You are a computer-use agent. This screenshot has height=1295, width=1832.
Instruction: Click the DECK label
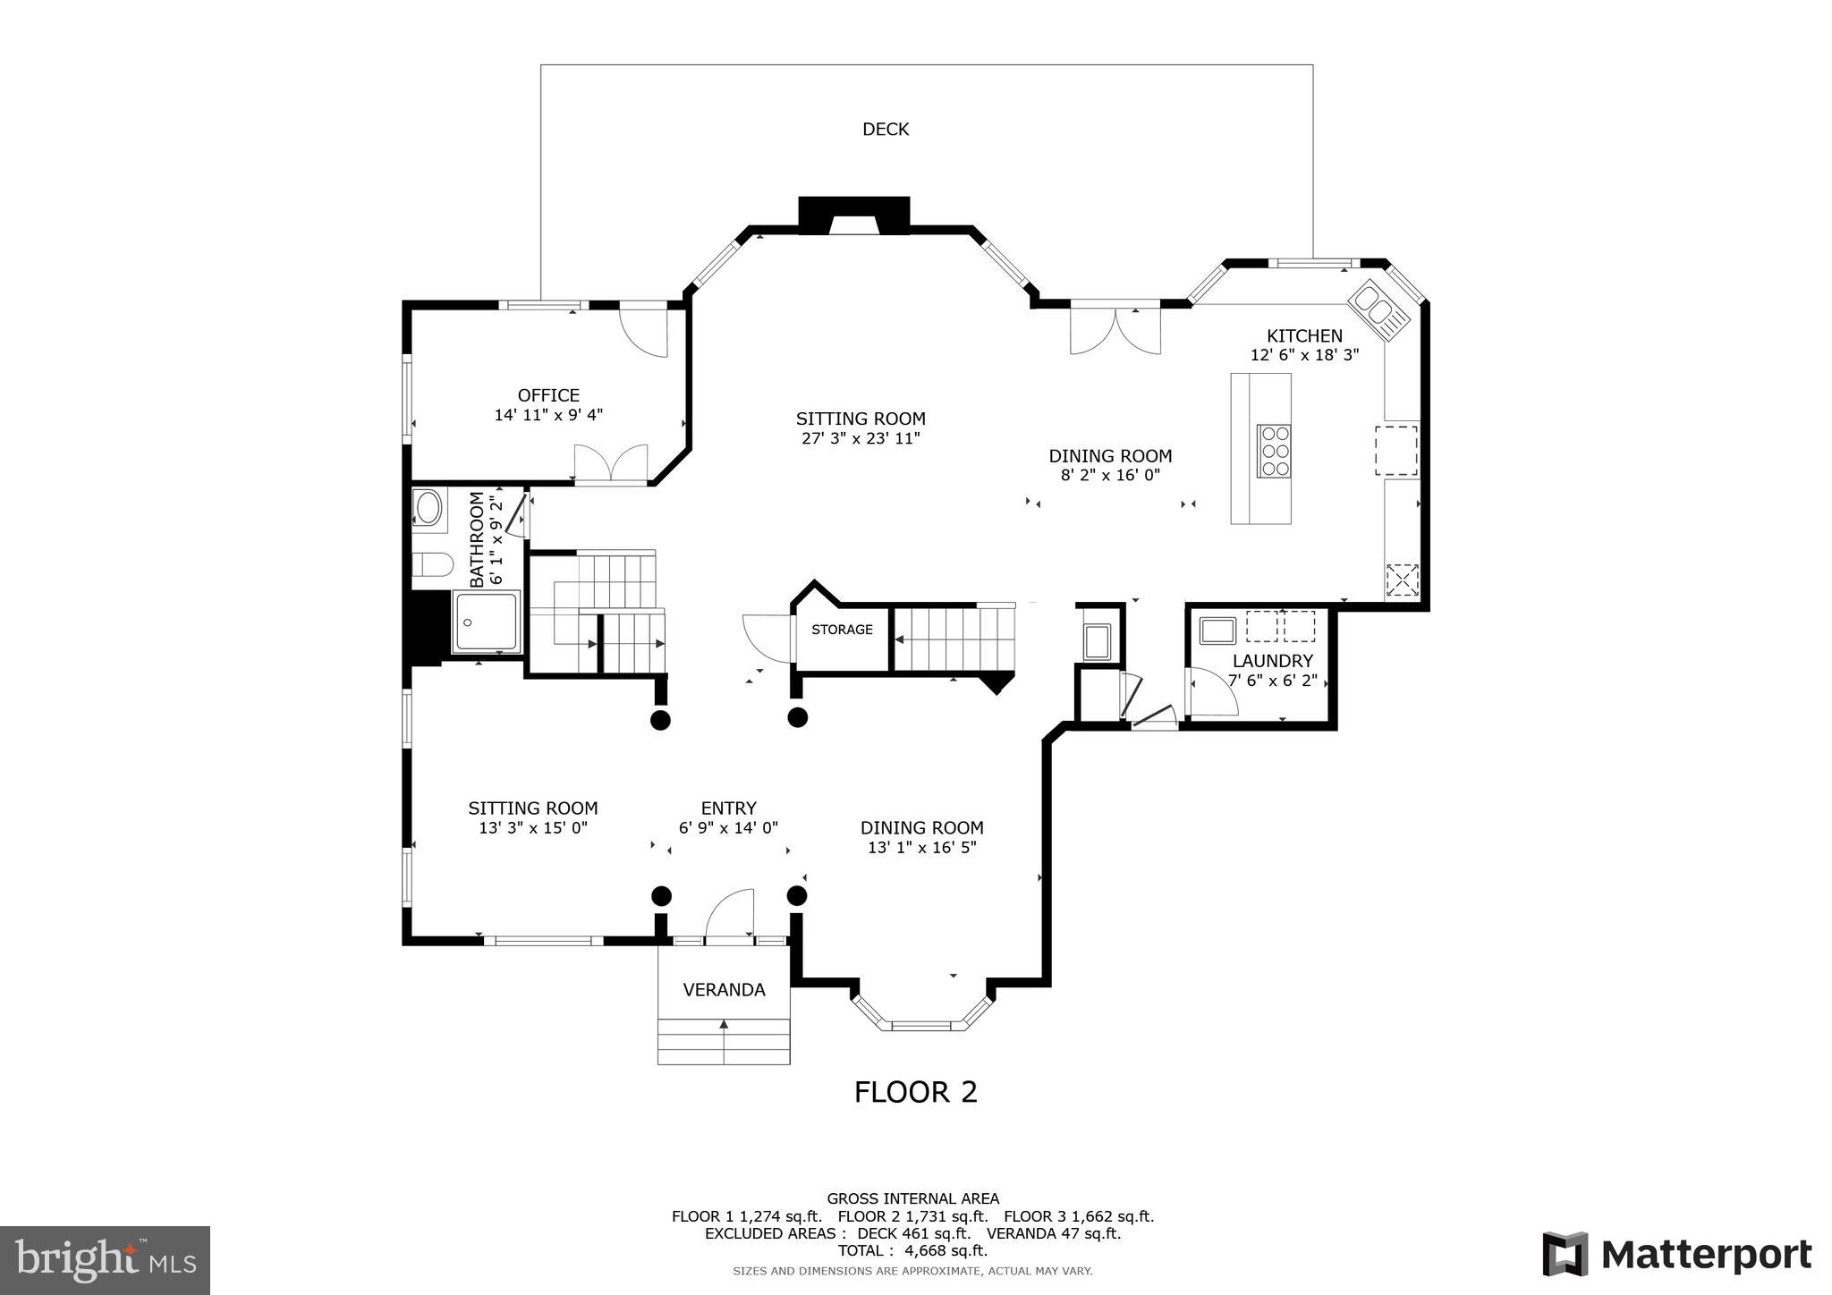[885, 130]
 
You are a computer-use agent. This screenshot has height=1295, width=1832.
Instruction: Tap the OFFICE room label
[548, 395]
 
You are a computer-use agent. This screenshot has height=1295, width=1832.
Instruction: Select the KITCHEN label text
[1303, 336]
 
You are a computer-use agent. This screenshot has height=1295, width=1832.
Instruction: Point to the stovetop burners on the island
[1274, 451]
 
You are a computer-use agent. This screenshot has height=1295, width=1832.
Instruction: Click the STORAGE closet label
[842, 630]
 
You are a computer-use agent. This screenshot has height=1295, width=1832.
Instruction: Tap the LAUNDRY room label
[1272, 661]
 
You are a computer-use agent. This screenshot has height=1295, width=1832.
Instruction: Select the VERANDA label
[724, 990]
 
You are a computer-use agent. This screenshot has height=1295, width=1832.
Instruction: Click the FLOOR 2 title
[915, 1092]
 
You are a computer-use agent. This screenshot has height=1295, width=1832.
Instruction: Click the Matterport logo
[1676, 1254]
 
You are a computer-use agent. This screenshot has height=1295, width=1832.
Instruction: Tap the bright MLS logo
[106, 1260]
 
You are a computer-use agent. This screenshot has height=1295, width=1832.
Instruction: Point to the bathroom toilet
[432, 565]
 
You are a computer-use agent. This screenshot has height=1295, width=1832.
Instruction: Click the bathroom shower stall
[486, 622]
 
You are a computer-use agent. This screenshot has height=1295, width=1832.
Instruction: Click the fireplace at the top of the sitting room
[853, 216]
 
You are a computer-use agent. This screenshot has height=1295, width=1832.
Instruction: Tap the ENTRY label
[728, 808]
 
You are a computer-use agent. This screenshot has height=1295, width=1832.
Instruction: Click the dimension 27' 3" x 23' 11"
[861, 438]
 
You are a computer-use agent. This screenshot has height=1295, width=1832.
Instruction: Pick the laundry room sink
[1217, 630]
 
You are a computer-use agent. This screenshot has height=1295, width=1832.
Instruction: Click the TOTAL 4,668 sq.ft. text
[912, 1250]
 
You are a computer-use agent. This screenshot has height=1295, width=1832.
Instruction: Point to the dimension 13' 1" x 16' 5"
[921, 848]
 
